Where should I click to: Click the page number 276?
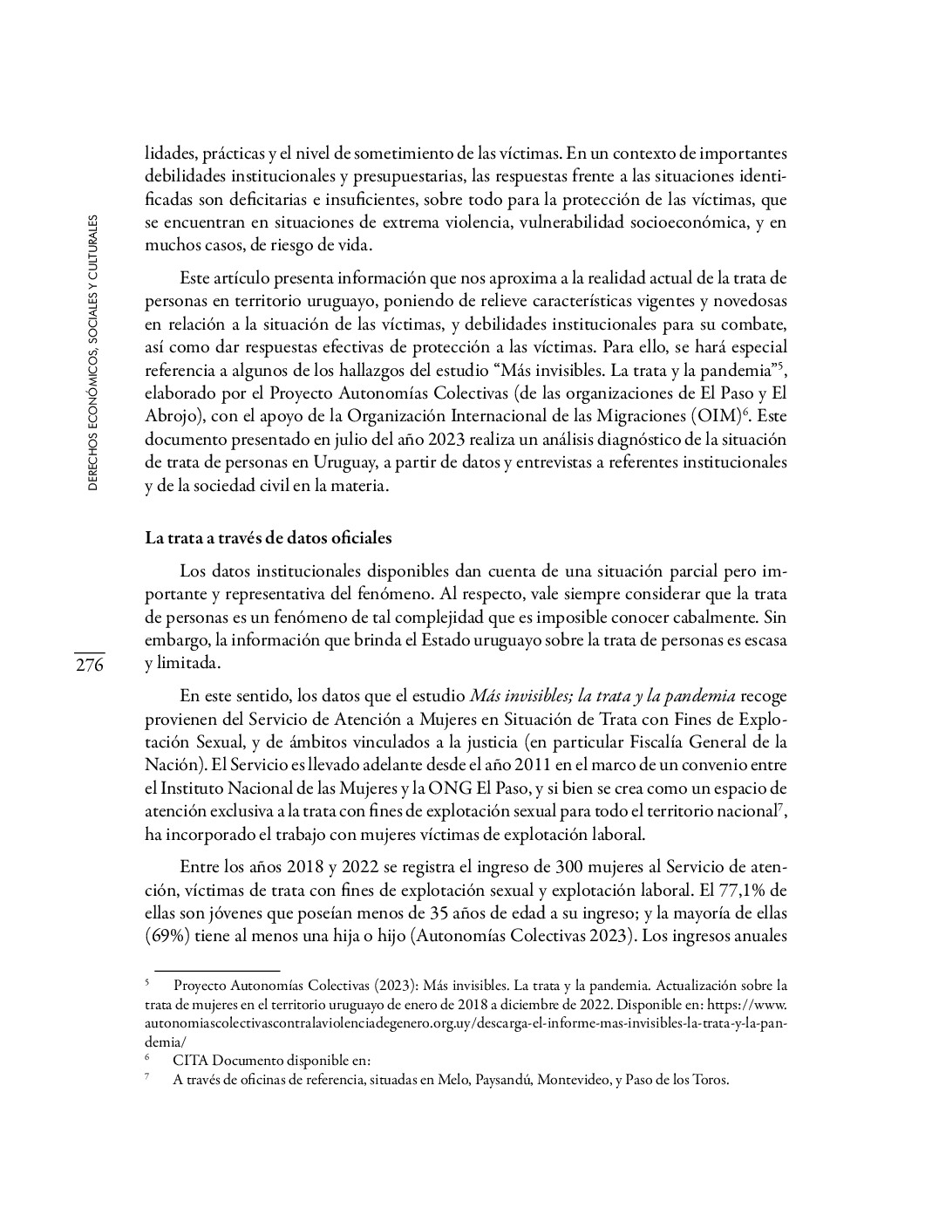tap(89, 666)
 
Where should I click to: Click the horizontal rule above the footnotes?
tap(216, 970)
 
